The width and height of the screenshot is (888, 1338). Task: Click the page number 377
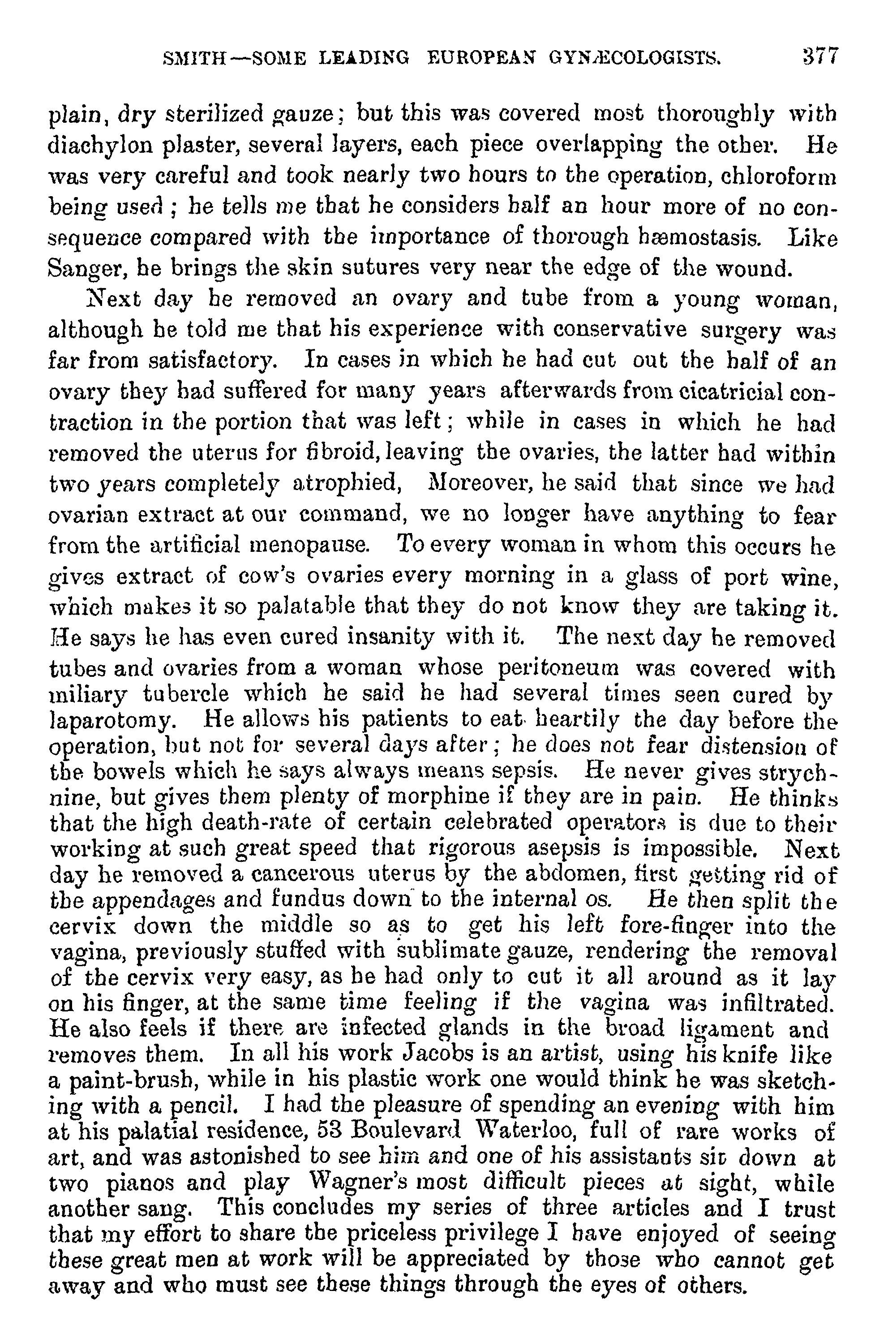point(818,57)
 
